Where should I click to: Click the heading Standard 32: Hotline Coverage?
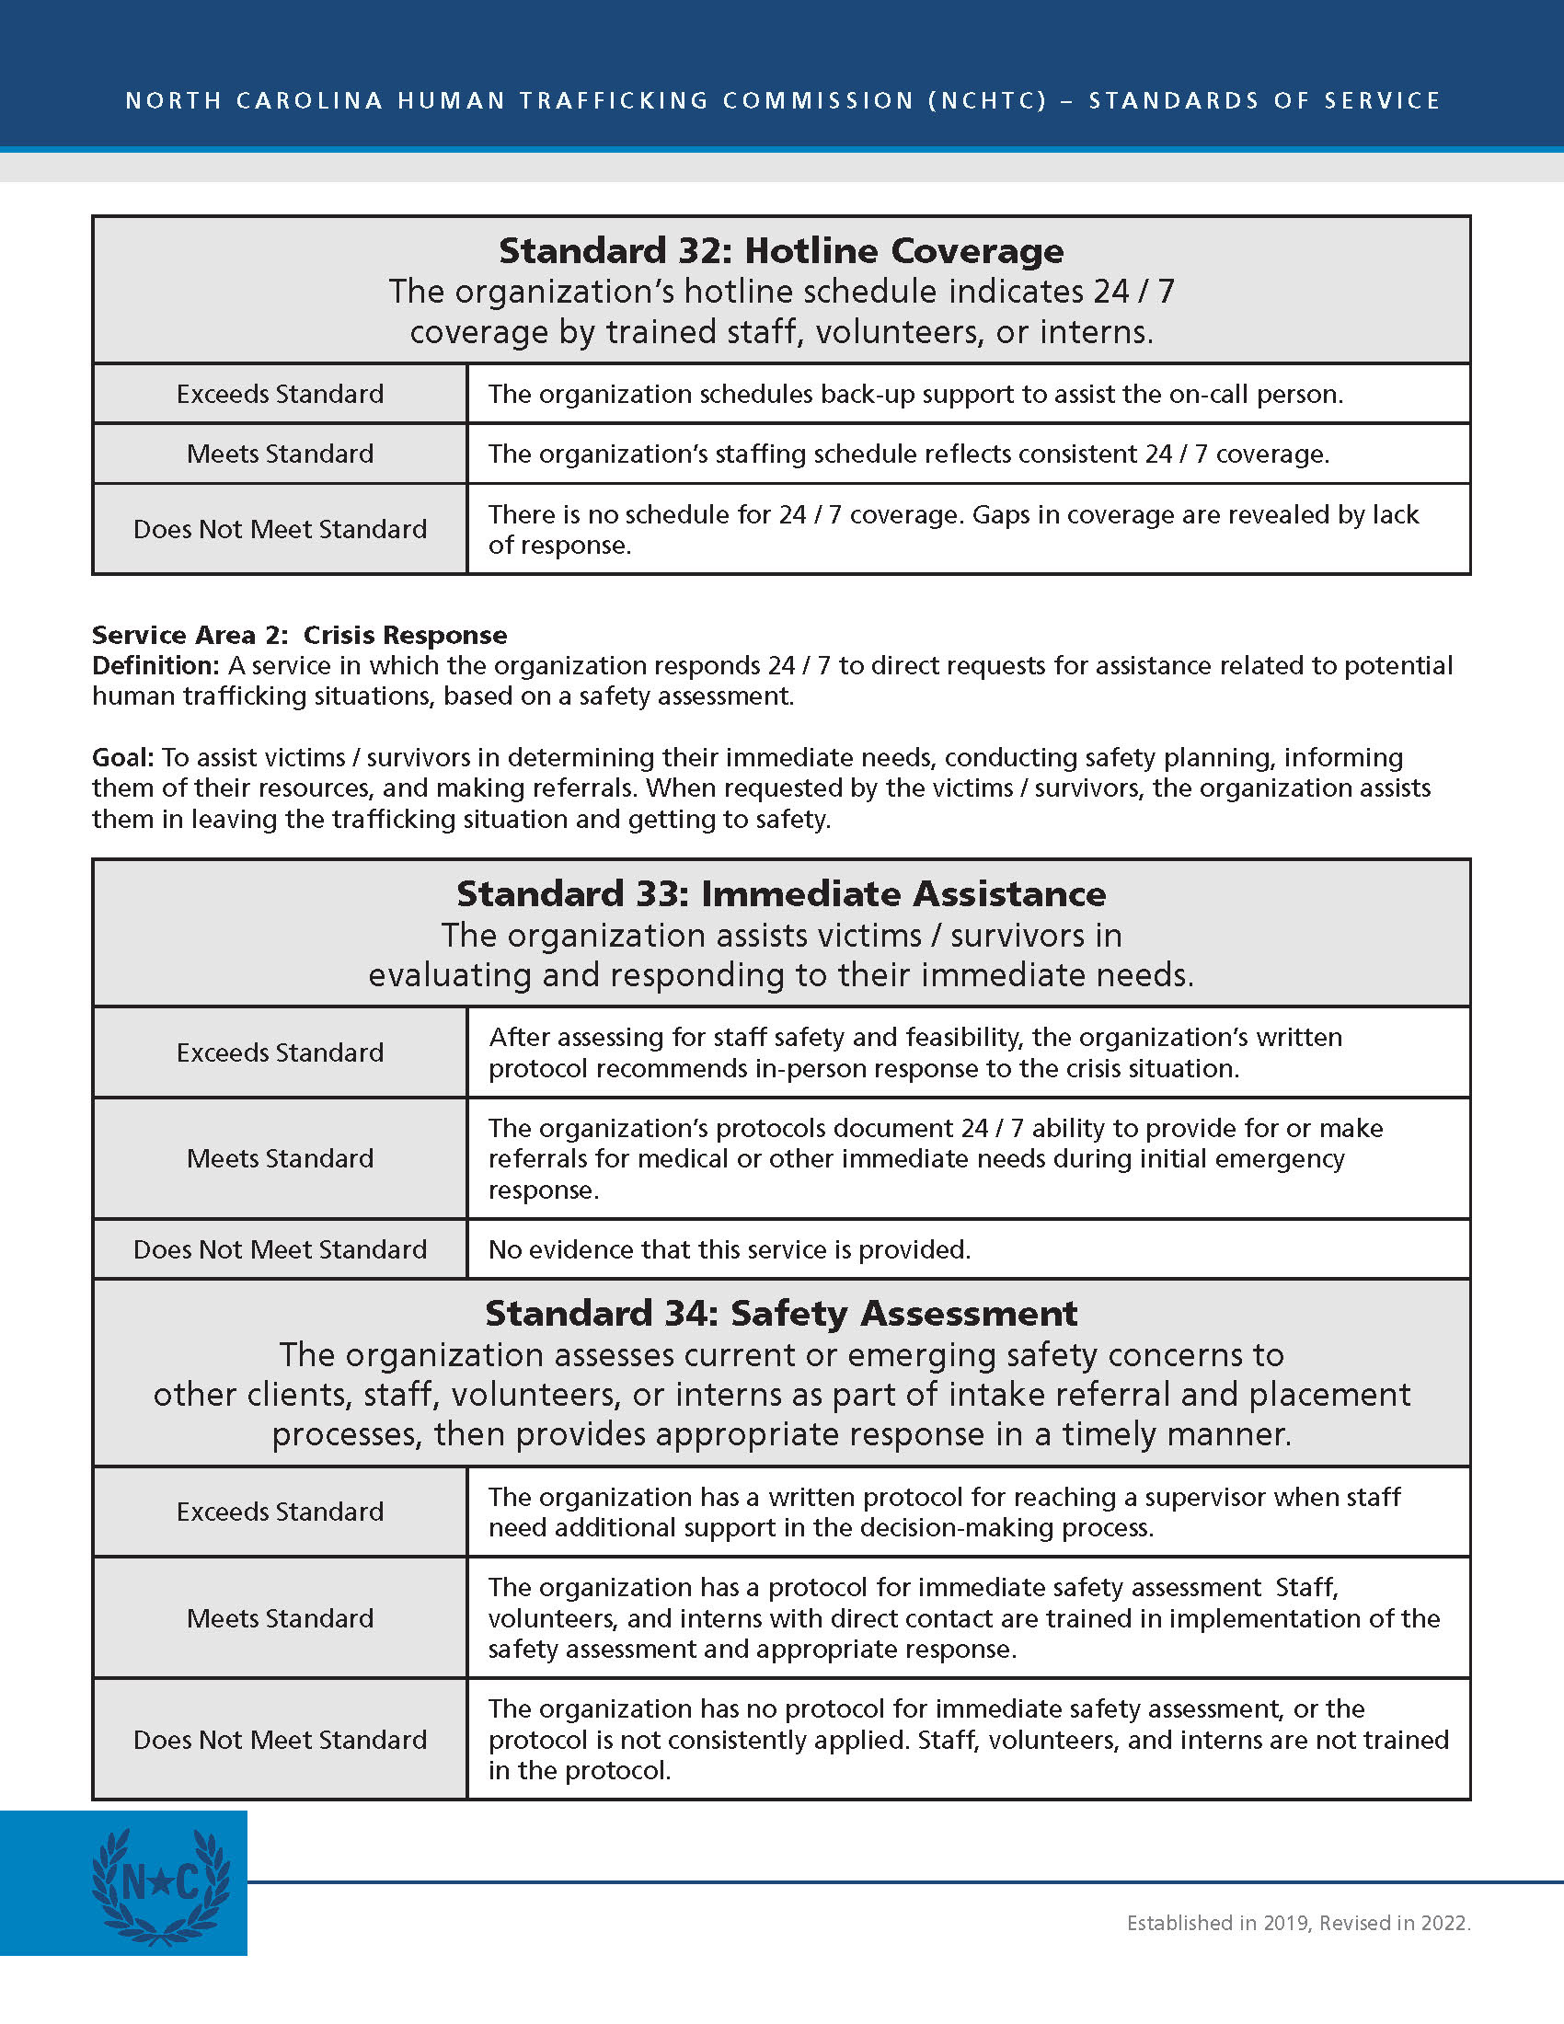781,251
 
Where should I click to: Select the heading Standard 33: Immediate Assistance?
781,894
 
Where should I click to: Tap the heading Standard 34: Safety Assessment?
781,1314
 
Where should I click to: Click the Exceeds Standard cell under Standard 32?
280,394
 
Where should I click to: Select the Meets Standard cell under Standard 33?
280,1158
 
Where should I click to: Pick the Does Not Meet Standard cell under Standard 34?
280,1740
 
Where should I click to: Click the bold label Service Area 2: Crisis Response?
299,635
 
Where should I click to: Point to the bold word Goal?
123,757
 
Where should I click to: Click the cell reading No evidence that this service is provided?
730,1249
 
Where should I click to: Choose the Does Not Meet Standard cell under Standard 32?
280,529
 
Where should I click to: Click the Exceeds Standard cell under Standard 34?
280,1512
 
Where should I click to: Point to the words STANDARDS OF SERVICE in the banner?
1264,100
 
